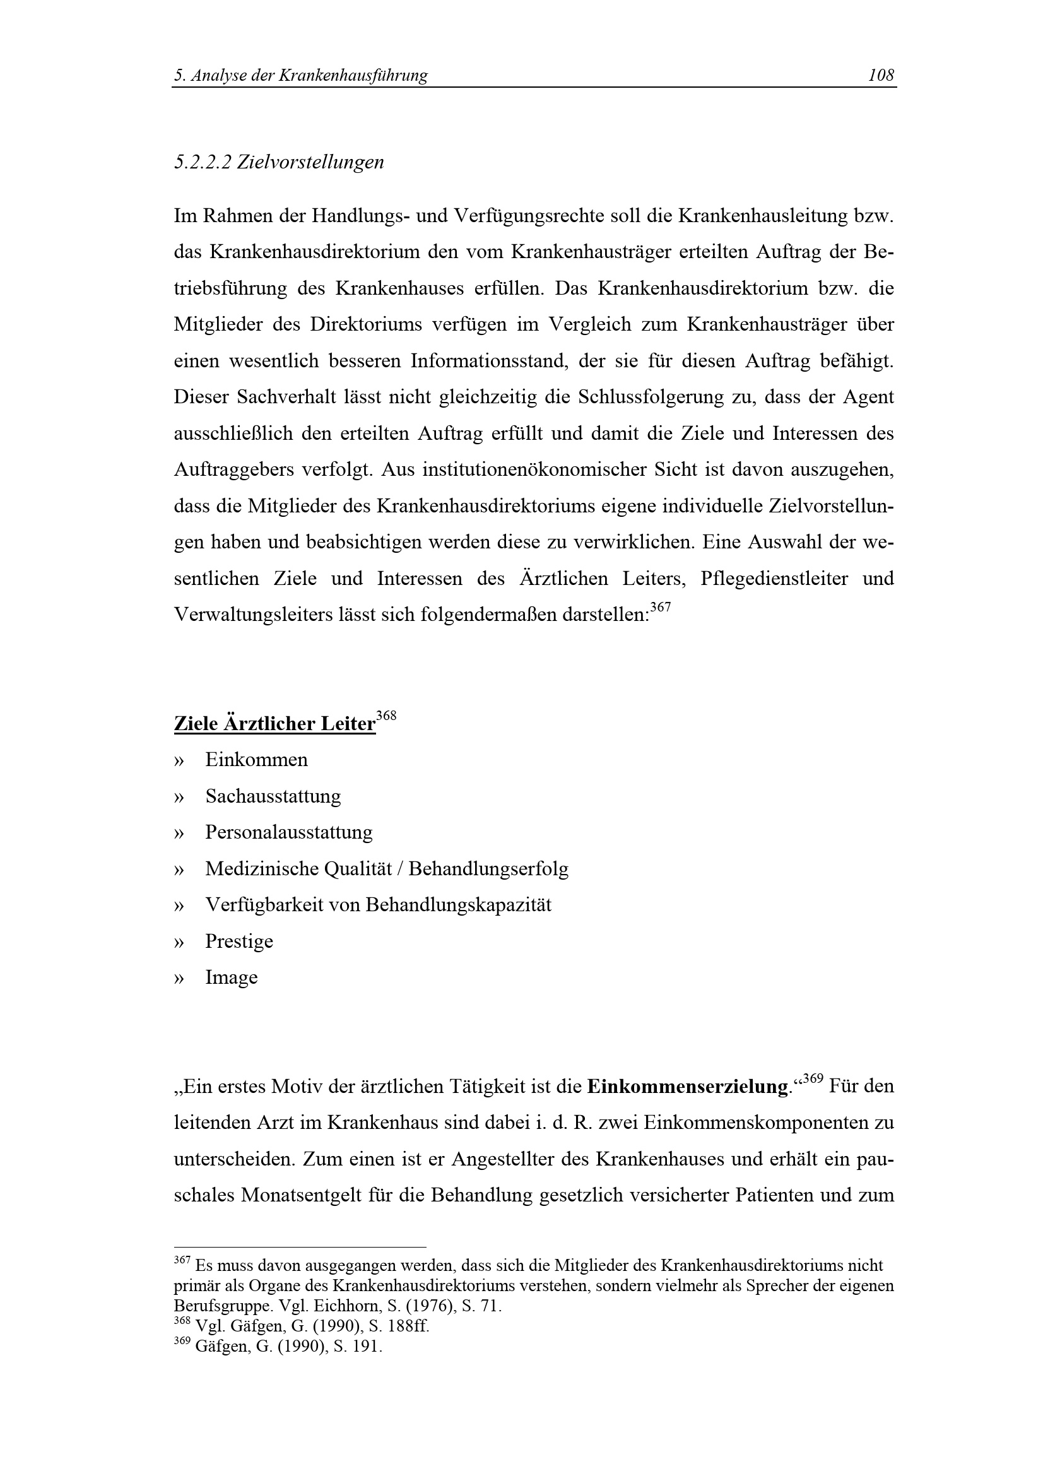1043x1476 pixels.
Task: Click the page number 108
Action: click(x=880, y=76)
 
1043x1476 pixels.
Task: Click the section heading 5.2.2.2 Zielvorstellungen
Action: click(x=278, y=162)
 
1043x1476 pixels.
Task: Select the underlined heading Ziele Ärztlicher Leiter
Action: click(x=274, y=724)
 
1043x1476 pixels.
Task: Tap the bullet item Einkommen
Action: click(x=256, y=760)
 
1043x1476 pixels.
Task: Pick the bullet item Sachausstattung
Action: click(x=273, y=796)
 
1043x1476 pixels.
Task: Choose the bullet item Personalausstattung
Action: click(x=288, y=832)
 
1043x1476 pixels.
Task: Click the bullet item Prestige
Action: click(x=239, y=941)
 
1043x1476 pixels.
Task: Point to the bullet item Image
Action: click(x=232, y=977)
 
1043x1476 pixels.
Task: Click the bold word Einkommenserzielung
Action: click(x=688, y=1087)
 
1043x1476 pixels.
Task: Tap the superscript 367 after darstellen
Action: click(x=660, y=608)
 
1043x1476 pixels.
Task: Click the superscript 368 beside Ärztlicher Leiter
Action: click(x=386, y=716)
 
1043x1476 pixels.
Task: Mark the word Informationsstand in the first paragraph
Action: click(x=489, y=362)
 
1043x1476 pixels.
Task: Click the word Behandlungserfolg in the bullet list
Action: click(x=488, y=869)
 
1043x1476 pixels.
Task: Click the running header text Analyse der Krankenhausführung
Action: click(x=310, y=76)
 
